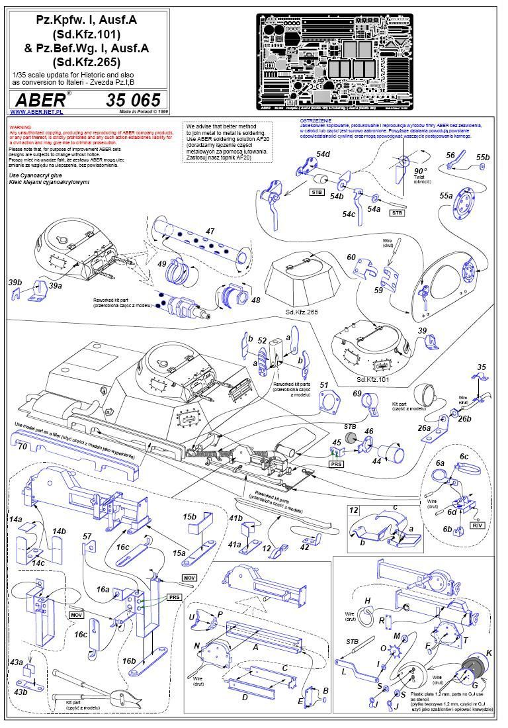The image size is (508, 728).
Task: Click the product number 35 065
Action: tap(132, 100)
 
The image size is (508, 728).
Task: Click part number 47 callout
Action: tap(210, 231)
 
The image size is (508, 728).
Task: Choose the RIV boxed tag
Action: tap(476, 524)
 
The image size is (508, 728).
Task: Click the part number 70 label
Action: tap(22, 446)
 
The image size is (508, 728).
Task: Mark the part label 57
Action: tap(87, 535)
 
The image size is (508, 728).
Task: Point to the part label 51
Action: tap(323, 385)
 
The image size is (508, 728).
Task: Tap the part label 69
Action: tap(357, 394)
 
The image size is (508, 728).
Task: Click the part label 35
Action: tap(481, 367)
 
